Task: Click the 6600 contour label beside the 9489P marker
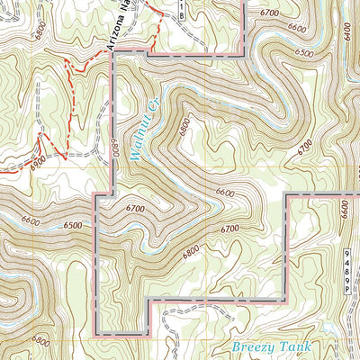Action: (x=344, y=212)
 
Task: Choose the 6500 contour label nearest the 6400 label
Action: (x=304, y=54)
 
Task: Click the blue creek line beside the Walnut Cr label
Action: (x=153, y=135)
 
